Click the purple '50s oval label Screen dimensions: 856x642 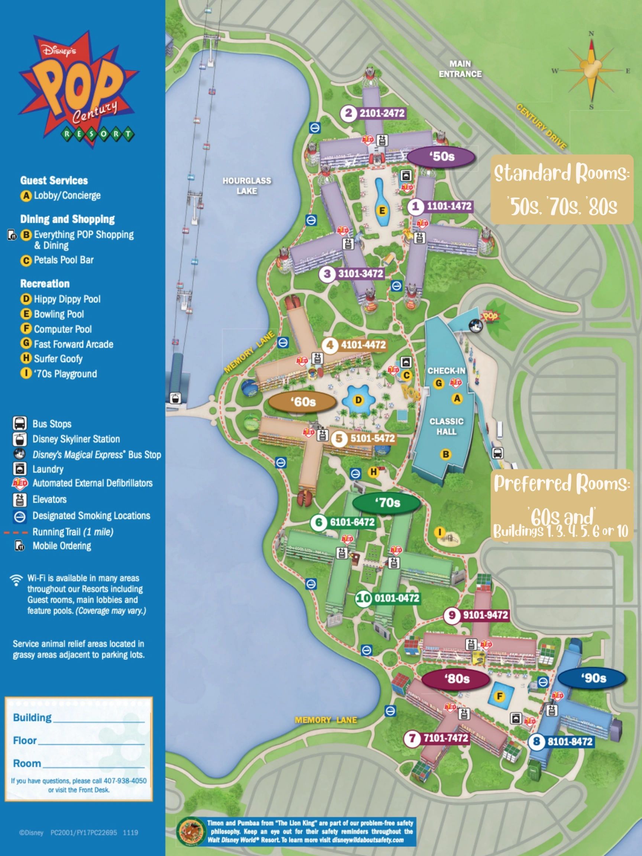tap(441, 157)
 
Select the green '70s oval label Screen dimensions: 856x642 tap(387, 503)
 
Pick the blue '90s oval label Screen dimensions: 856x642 tap(593, 678)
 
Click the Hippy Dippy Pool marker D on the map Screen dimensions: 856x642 tap(359, 400)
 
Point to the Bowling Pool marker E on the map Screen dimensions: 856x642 tap(382, 211)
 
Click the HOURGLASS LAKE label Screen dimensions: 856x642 tap(247, 186)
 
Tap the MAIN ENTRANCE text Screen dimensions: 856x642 tap(460, 69)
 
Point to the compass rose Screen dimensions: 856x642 tap(591, 71)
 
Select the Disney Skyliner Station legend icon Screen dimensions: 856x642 tap(20, 439)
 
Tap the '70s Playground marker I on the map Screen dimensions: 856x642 tap(439, 533)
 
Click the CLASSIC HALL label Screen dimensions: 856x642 tap(446, 426)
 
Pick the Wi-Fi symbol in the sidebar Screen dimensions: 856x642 tap(16, 580)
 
